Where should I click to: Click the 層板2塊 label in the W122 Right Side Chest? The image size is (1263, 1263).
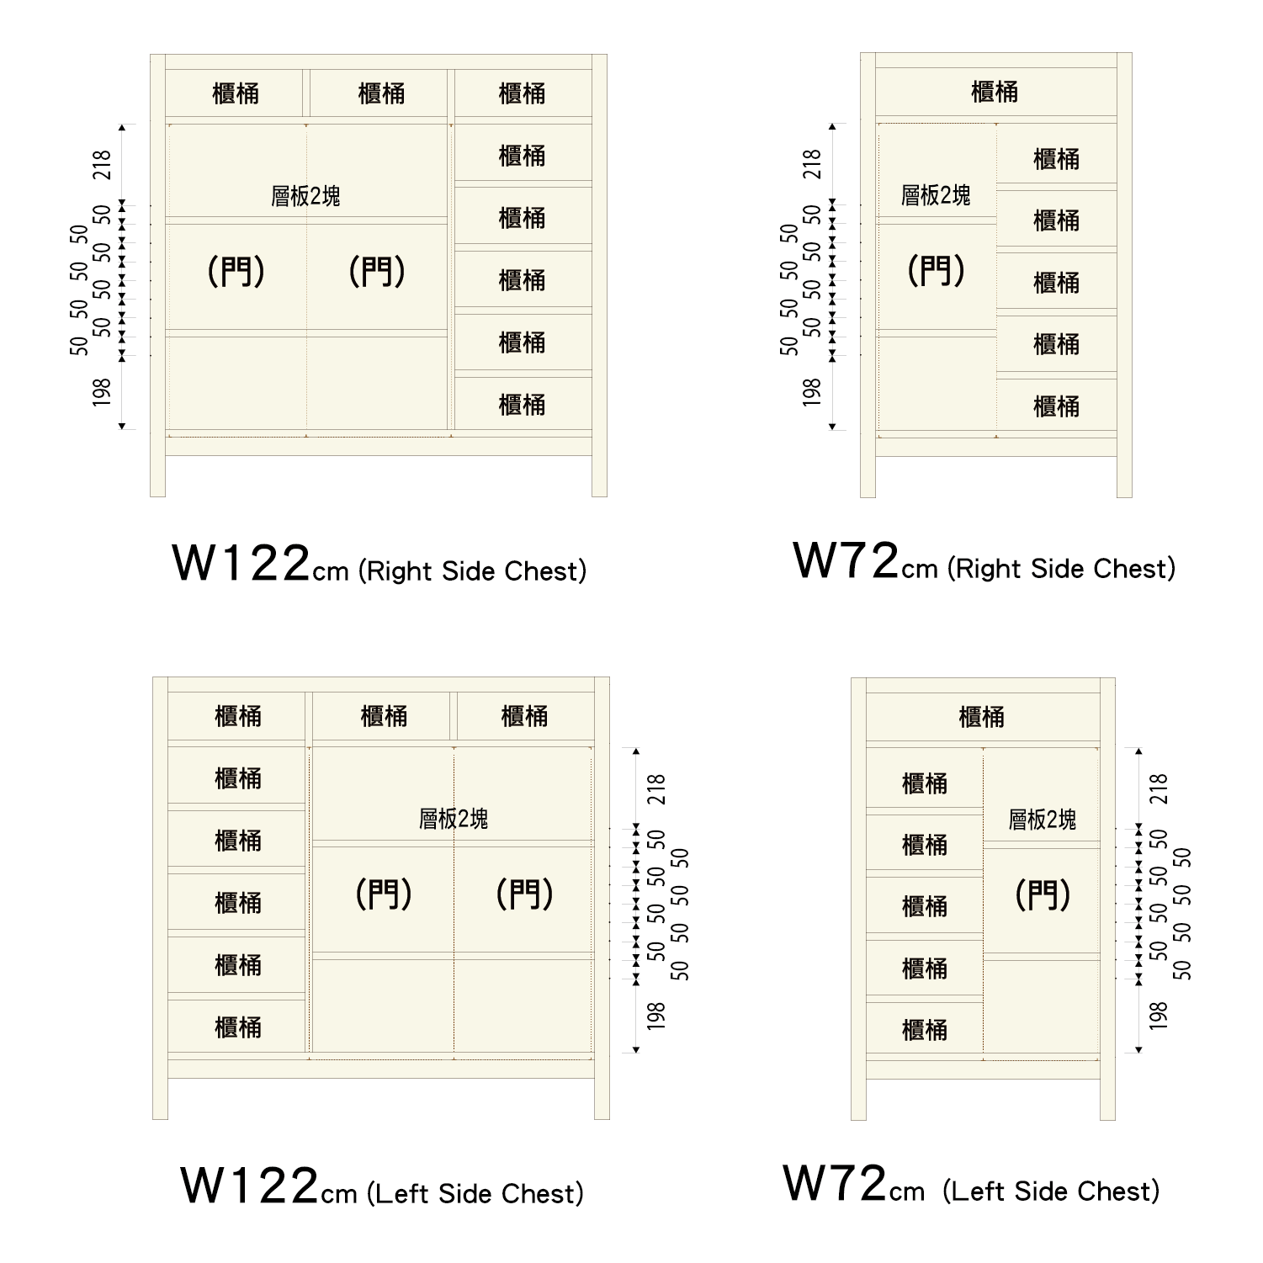tap(305, 196)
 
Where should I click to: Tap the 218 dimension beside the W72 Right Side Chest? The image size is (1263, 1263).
tap(812, 164)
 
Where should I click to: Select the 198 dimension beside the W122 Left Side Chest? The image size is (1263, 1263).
tap(656, 1016)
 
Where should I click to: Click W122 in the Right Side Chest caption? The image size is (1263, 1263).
tap(241, 563)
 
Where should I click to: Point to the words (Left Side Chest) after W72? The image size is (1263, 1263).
tap(1051, 1191)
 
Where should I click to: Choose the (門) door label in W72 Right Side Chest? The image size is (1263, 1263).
tap(936, 271)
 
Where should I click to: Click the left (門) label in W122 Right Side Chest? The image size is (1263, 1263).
tap(236, 271)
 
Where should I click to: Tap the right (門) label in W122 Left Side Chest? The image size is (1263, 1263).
tap(524, 894)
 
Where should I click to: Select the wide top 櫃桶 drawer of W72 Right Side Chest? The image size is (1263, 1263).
tap(995, 92)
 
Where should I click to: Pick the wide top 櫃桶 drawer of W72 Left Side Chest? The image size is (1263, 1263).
tap(982, 717)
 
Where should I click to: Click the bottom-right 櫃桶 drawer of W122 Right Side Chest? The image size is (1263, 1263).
tap(522, 405)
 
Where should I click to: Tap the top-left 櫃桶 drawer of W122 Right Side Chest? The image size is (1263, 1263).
tap(236, 93)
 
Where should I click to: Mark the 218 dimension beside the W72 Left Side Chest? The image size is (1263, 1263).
tap(1160, 789)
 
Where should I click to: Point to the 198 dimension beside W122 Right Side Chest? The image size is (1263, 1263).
tap(102, 392)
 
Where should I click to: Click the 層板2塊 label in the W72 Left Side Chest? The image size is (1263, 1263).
tap(1042, 820)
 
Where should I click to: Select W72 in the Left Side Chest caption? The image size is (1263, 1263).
tap(836, 1183)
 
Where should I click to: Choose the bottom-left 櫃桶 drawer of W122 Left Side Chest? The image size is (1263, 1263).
tap(238, 1027)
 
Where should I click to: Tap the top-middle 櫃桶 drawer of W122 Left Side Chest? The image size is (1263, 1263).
tap(384, 716)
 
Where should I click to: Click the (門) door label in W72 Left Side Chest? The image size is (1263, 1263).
tap(1043, 894)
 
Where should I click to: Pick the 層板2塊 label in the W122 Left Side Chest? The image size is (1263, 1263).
tap(454, 819)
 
